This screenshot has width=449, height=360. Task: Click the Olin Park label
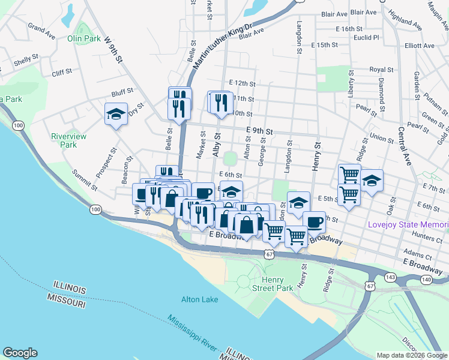coord(83,38)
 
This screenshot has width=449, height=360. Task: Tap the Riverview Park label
coord(68,140)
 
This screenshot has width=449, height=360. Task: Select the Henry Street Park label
coord(277,284)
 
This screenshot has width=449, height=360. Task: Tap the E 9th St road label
coord(259,130)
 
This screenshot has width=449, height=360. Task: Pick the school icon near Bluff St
coord(116,114)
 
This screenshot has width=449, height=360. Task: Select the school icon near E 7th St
coord(372,181)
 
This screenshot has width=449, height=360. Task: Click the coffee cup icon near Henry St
coord(314,222)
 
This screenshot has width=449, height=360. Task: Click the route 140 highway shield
coord(426,279)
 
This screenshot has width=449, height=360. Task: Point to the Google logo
coord(20,353)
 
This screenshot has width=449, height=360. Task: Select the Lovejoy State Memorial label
coord(408,225)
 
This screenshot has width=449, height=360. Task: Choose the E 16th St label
coord(349,29)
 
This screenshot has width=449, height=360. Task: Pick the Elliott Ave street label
coord(420,46)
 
